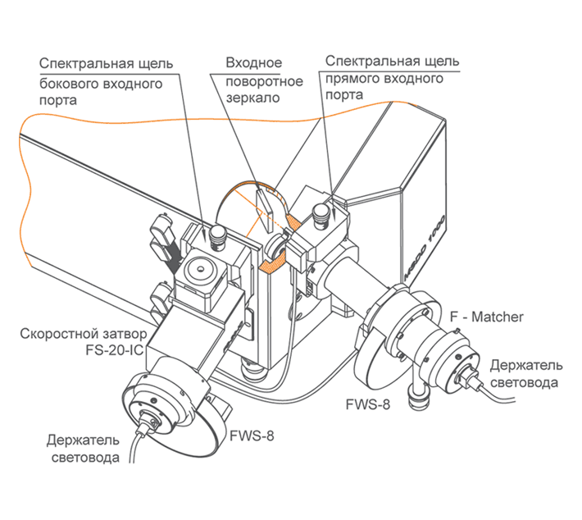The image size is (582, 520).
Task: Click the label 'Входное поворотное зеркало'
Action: (x=253, y=80)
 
